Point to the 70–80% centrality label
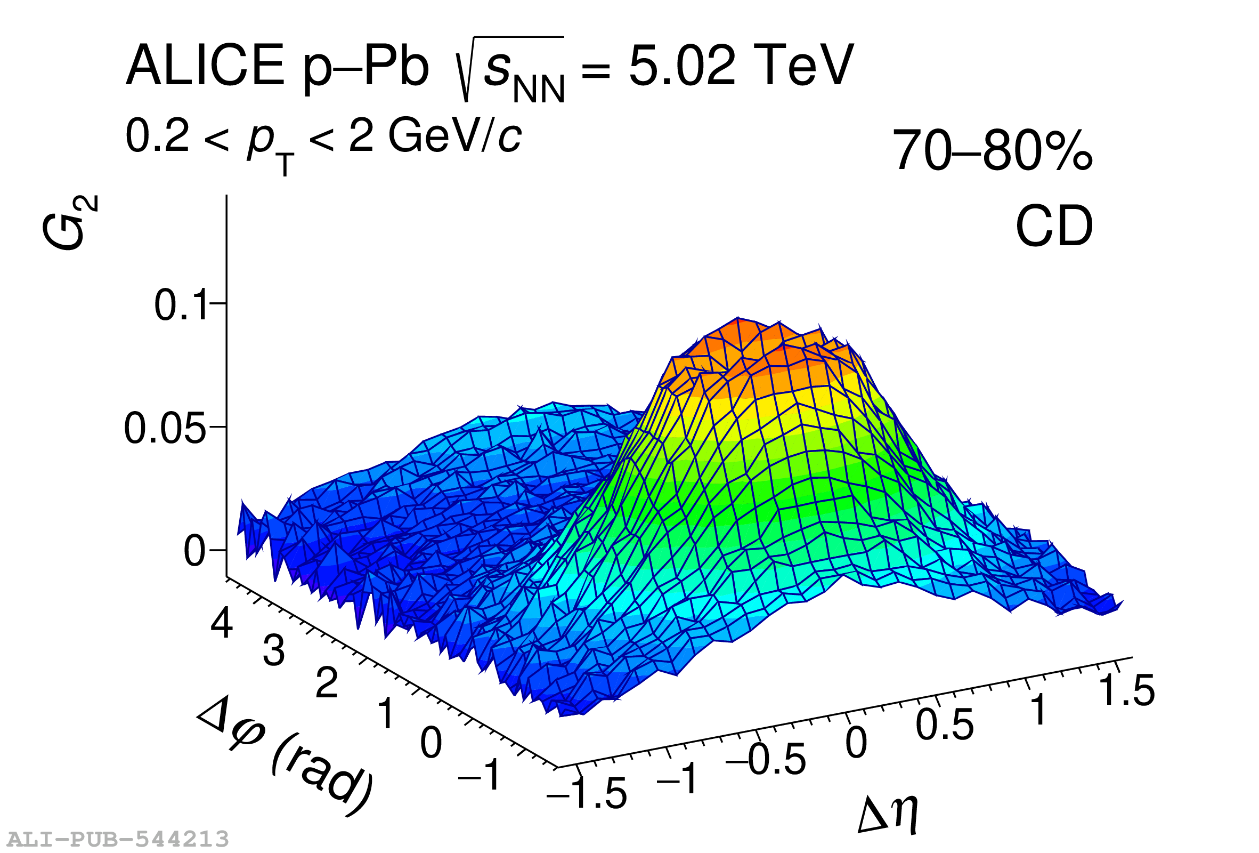tap(992, 150)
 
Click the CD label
tap(1054, 226)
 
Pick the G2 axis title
tap(69, 223)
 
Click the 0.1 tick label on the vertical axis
tap(181, 305)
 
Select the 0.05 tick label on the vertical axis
tap(165, 429)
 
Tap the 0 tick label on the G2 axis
tap(194, 552)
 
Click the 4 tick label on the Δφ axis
tap(222, 623)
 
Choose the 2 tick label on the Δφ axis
tap(327, 683)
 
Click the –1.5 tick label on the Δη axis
tap(587, 793)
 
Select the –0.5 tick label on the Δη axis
tap(766, 759)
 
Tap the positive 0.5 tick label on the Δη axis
tap(944, 725)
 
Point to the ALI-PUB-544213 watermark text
tap(118, 839)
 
